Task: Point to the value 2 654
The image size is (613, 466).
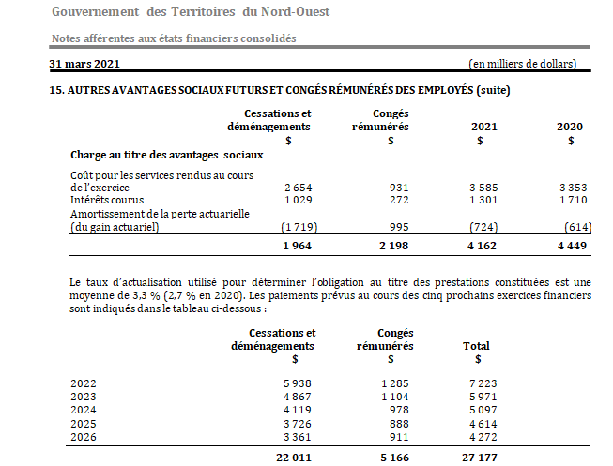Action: pyautogui.click(x=298, y=187)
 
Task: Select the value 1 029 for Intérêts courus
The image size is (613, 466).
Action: pyautogui.click(x=298, y=199)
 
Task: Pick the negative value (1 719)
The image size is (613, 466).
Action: pyautogui.click(x=297, y=226)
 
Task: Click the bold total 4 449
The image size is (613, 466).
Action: pyautogui.click(x=572, y=246)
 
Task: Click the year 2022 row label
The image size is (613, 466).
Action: pyautogui.click(x=84, y=383)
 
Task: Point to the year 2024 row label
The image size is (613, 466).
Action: pyautogui.click(x=84, y=409)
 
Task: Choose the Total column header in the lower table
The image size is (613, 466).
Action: pyautogui.click(x=476, y=346)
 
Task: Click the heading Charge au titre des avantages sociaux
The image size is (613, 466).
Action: pyautogui.click(x=166, y=154)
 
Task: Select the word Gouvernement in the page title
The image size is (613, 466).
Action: pyautogui.click(x=96, y=11)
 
